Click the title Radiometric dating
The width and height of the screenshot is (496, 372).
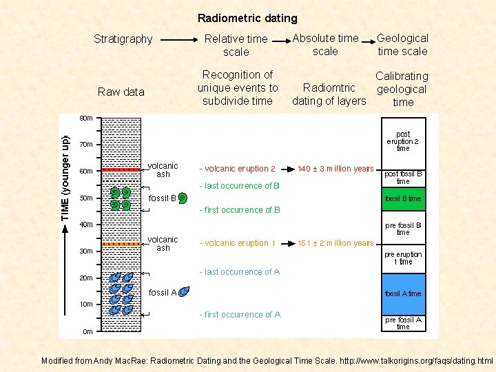coord(247,19)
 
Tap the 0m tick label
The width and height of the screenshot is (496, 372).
coord(87,331)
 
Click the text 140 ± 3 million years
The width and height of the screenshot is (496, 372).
coord(335,169)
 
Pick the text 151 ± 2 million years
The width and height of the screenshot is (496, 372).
coord(335,243)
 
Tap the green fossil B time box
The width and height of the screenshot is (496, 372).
coord(403,198)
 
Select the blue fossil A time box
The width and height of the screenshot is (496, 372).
coord(403,294)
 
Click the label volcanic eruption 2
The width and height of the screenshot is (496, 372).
coord(238,169)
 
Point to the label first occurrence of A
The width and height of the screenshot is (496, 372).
coord(240,315)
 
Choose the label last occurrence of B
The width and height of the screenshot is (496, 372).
coord(239,186)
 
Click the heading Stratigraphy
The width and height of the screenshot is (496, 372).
coord(123,39)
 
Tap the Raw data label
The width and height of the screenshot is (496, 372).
coord(121,92)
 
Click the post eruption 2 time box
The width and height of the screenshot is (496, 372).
coord(403,141)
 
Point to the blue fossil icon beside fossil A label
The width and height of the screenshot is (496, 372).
coord(184,293)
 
